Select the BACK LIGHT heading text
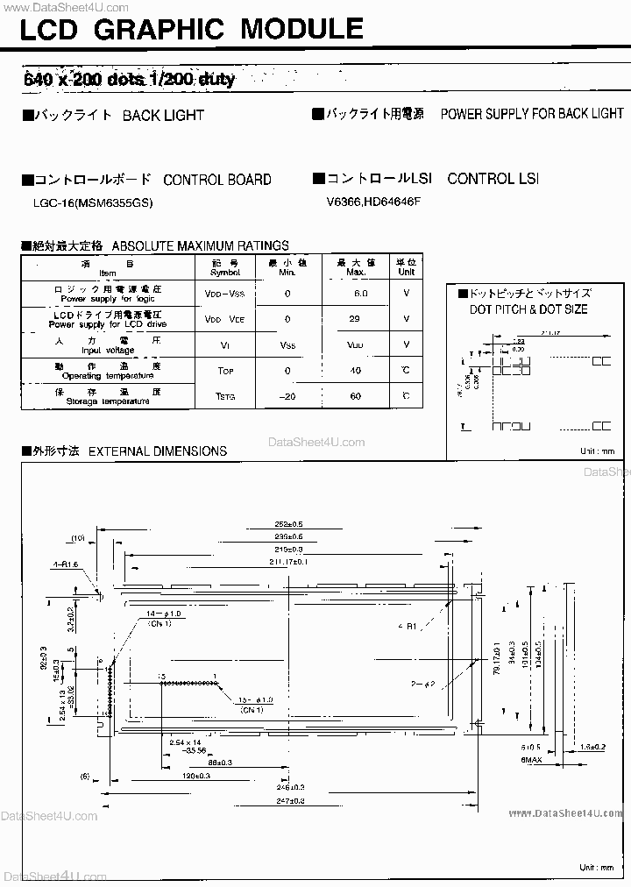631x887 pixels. pos(163,115)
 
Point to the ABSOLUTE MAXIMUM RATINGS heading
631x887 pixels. pos(201,246)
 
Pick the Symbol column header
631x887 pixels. pos(225,267)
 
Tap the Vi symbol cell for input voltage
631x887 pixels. pos(225,345)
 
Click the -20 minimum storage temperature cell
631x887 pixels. pos(287,396)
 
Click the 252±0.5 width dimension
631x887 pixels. pos(288,523)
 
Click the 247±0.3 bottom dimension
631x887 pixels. pos(290,801)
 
